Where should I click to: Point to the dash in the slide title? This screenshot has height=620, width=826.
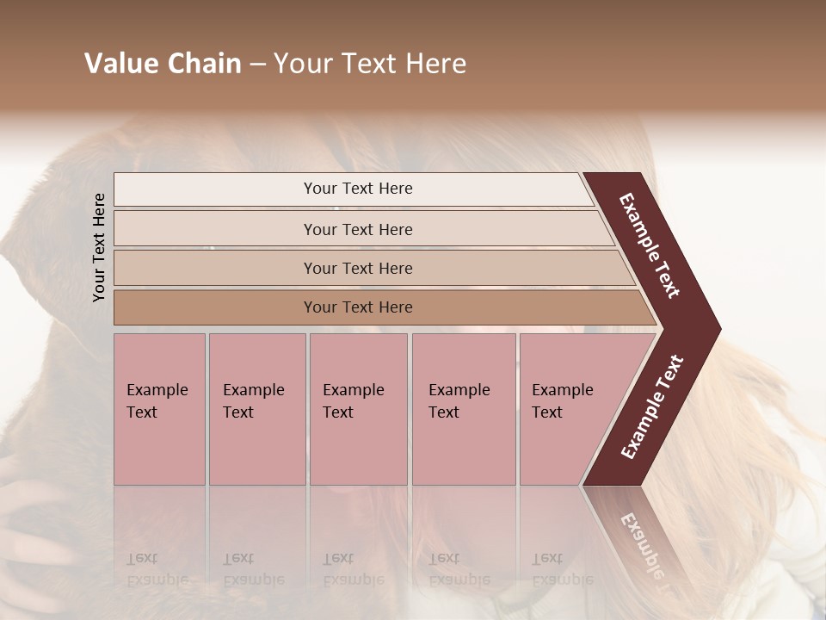click(257, 65)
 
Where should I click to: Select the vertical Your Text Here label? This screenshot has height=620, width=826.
click(99, 247)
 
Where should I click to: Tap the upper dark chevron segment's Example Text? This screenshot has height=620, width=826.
click(649, 245)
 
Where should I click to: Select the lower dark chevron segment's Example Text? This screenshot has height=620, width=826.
click(652, 407)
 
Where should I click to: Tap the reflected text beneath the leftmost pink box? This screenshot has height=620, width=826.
click(157, 568)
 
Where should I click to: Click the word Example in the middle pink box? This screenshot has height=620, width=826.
click(353, 390)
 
